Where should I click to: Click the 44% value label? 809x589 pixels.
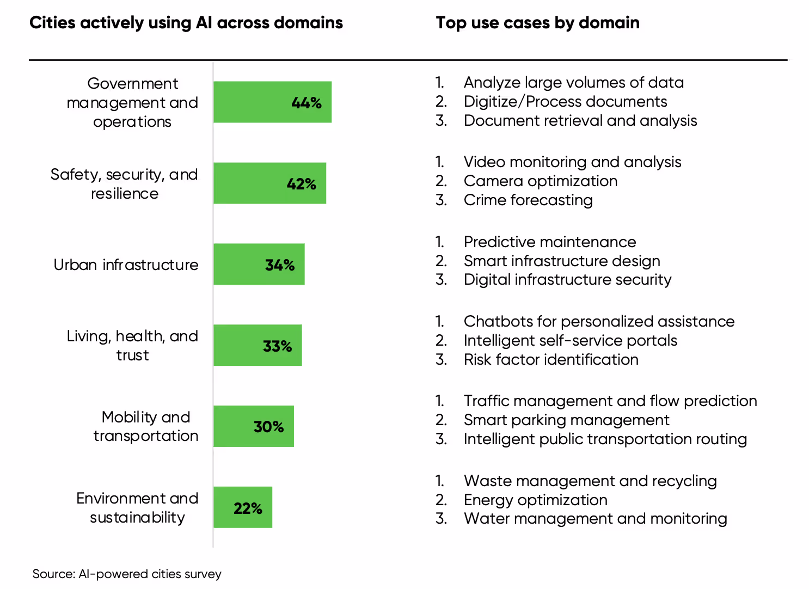[307, 103]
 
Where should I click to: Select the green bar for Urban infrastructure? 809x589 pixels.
[240, 265]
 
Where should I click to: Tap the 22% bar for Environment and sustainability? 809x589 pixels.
[223, 507]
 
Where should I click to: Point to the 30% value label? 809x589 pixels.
[268, 427]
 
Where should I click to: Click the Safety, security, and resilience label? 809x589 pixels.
[124, 184]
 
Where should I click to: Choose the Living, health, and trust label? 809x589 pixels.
[132, 346]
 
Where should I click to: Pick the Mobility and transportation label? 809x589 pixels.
[145, 426]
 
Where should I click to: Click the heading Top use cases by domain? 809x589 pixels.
[537, 23]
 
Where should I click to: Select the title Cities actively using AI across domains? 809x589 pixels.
[186, 23]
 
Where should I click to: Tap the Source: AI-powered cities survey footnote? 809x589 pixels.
[127, 574]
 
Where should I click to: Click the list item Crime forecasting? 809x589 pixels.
[528, 200]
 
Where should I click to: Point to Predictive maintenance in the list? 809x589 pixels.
[549, 242]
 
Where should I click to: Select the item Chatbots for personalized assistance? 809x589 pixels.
[599, 321]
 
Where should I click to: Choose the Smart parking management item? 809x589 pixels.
[566, 420]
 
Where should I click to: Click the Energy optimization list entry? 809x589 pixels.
[535, 500]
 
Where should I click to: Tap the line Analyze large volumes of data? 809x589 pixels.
[573, 82]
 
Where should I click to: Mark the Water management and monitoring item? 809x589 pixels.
[595, 519]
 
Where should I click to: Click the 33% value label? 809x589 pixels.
[277, 346]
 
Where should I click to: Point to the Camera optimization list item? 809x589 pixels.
[540, 181]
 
